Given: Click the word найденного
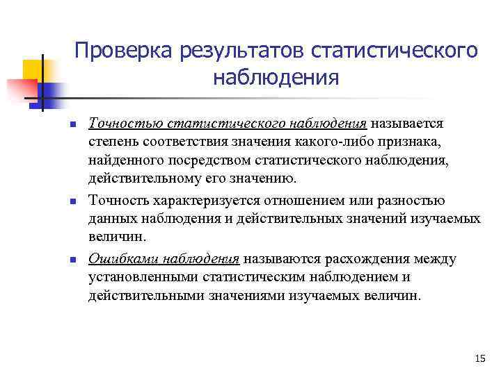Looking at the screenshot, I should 125,160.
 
